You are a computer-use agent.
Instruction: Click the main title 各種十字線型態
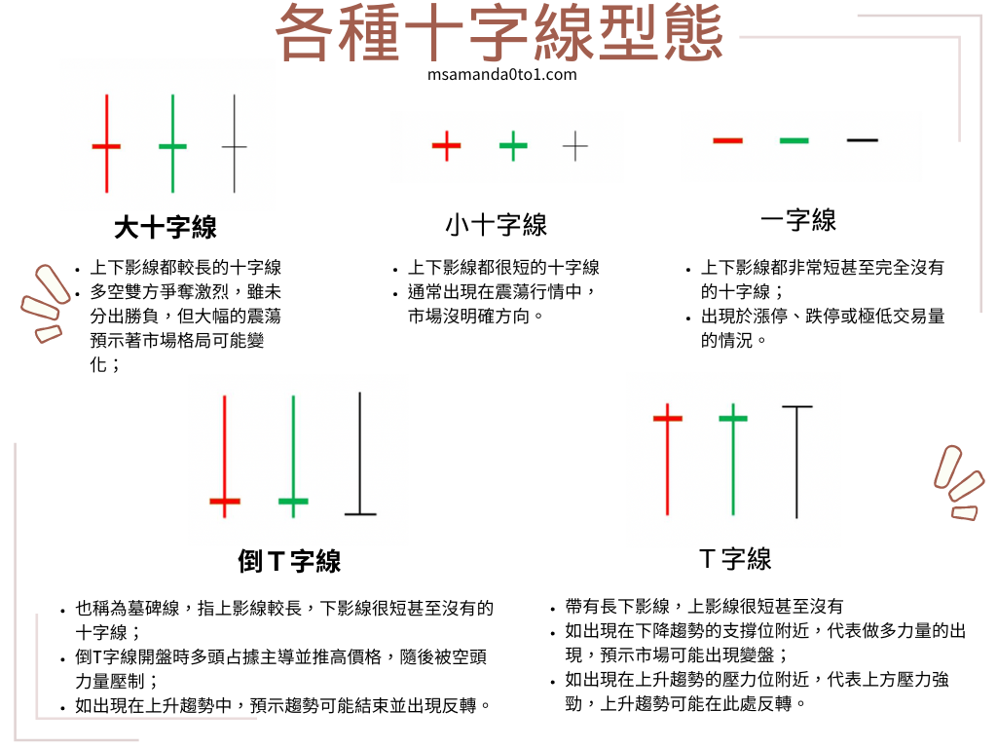click(499, 33)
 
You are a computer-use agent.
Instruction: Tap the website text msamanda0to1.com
click(502, 74)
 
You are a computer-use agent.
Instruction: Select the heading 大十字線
click(166, 227)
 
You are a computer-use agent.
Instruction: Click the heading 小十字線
click(496, 225)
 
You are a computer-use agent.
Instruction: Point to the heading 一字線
click(798, 220)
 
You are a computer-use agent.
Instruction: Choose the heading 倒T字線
click(289, 561)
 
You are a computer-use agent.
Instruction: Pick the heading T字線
click(735, 559)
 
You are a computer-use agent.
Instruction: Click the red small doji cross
click(446, 146)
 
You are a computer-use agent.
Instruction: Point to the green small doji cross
click(513, 146)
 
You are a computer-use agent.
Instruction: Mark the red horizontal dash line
click(728, 140)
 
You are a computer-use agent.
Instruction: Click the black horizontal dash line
click(863, 140)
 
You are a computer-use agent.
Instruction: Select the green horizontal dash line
click(794, 140)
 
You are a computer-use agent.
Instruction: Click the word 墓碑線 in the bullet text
click(153, 608)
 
